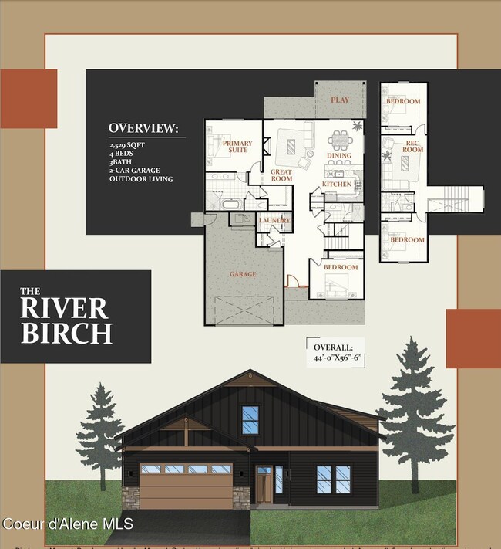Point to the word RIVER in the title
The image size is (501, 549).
click(x=64, y=309)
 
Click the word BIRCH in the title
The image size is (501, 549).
click(x=66, y=333)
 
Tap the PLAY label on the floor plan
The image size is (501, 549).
click(x=339, y=100)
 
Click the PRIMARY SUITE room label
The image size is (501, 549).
click(x=237, y=146)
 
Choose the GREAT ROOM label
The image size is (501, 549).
click(x=281, y=175)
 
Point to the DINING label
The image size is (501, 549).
click(x=338, y=156)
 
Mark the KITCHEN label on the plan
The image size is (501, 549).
click(x=337, y=185)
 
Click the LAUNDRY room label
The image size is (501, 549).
click(x=274, y=221)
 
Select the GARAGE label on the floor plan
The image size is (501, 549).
click(x=243, y=274)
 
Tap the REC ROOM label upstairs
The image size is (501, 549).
click(x=412, y=146)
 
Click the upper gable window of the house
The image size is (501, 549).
click(x=250, y=419)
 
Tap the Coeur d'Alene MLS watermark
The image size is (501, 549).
click(x=68, y=524)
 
